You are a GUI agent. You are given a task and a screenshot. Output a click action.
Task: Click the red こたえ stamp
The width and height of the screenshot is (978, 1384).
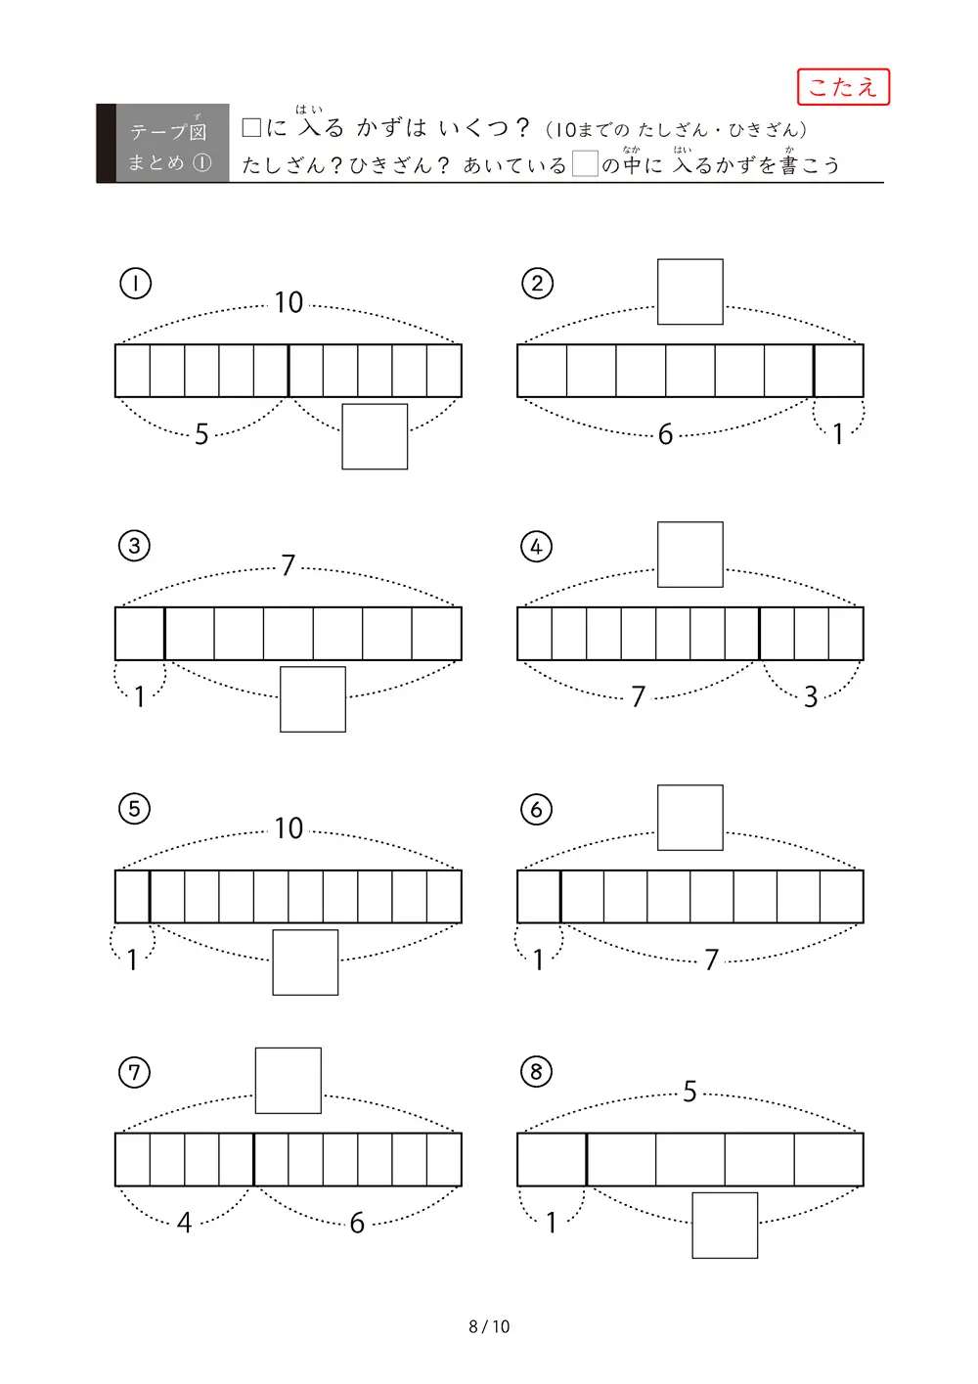pyautogui.click(x=843, y=87)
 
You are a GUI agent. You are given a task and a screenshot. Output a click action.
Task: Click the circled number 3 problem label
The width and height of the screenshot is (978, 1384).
pyautogui.click(x=134, y=546)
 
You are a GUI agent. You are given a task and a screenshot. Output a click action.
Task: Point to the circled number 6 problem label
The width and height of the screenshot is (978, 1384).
pyautogui.click(x=536, y=810)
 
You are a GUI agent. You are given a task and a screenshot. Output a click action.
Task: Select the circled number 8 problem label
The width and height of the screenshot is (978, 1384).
pyautogui.click(x=536, y=1072)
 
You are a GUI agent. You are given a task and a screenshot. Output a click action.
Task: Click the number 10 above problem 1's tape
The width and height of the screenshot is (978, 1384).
pyautogui.click(x=289, y=303)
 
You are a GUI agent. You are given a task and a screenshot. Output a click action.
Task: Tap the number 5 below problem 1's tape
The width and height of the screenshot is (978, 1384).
pyautogui.click(x=201, y=434)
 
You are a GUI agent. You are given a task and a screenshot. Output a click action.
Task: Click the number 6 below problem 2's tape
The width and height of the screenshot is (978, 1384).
pyautogui.click(x=665, y=434)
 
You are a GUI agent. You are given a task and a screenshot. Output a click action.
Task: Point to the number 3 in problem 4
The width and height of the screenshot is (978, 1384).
pyautogui.click(x=811, y=697)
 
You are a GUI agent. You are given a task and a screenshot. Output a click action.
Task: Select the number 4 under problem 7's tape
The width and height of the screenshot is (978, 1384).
pyautogui.click(x=184, y=1223)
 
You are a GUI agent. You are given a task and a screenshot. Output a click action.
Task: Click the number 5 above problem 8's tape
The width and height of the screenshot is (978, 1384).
pyautogui.click(x=689, y=1092)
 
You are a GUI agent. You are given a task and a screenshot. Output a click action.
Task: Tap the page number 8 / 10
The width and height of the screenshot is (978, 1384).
pyautogui.click(x=489, y=1326)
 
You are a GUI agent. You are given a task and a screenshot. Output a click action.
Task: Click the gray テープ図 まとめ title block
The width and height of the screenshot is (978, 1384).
pyautogui.click(x=163, y=144)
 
